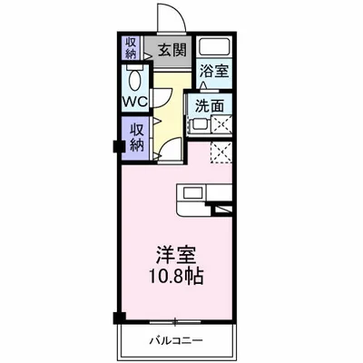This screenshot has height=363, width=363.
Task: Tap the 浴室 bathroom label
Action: [214, 69]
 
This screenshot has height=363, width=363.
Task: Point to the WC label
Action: [135, 99]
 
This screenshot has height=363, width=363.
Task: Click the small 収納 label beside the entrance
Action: [132, 47]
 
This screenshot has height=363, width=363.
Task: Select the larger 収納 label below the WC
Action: [136, 138]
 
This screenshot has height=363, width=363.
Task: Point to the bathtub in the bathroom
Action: [214, 47]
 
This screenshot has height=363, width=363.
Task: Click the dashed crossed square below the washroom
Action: [221, 152]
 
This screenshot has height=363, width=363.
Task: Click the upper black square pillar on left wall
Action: [117, 145]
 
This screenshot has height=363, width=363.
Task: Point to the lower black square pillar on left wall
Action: [117, 317]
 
